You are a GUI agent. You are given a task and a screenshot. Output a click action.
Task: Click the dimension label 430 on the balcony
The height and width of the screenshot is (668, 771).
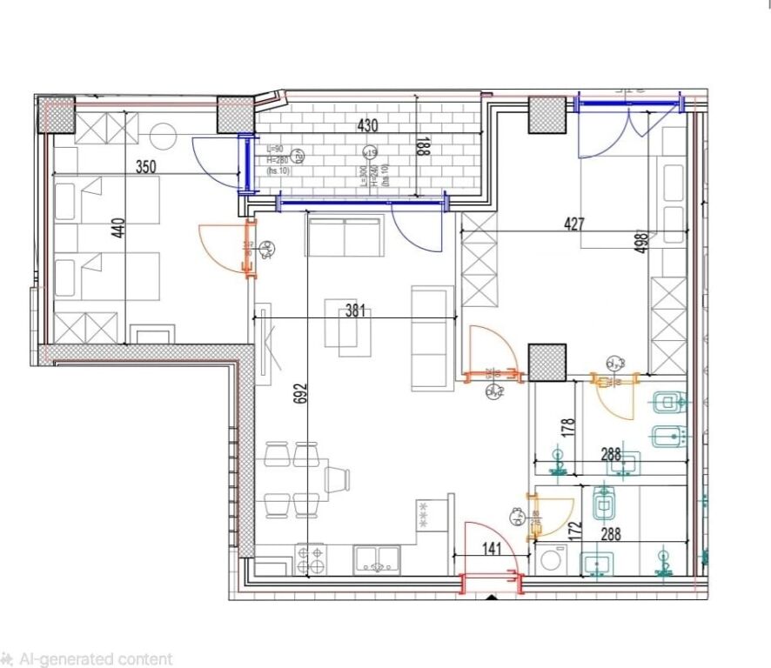tap(367, 125)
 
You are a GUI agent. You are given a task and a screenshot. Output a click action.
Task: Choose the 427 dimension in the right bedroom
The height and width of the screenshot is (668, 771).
tap(574, 224)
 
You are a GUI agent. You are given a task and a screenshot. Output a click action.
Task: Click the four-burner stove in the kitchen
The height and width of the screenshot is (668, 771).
tap(311, 558)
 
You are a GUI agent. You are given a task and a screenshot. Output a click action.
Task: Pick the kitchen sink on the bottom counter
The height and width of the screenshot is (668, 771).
tap(378, 558)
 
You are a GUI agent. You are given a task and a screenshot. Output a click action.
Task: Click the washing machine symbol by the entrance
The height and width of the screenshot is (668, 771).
tap(550, 560)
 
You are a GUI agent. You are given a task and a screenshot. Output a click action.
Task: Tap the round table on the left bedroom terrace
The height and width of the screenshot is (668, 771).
tap(162, 137)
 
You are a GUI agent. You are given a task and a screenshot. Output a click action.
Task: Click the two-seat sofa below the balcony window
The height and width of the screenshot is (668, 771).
tap(344, 237)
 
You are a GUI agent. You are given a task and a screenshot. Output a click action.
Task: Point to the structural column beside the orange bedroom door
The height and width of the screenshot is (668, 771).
tap(546, 362)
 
